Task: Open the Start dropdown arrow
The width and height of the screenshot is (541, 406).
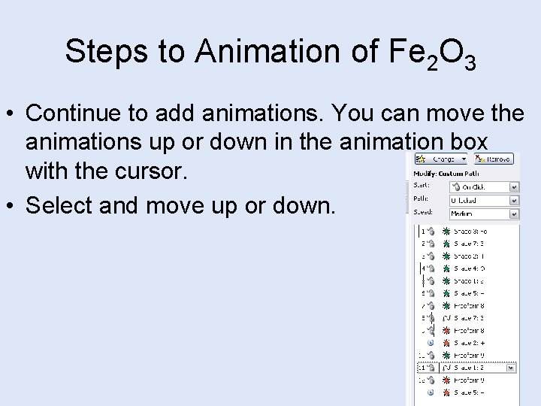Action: coord(514,187)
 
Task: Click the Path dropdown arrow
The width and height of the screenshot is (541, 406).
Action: coord(514,201)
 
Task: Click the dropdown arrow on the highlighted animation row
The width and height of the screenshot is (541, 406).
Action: coord(510,368)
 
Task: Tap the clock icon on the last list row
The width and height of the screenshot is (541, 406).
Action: coord(432,392)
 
